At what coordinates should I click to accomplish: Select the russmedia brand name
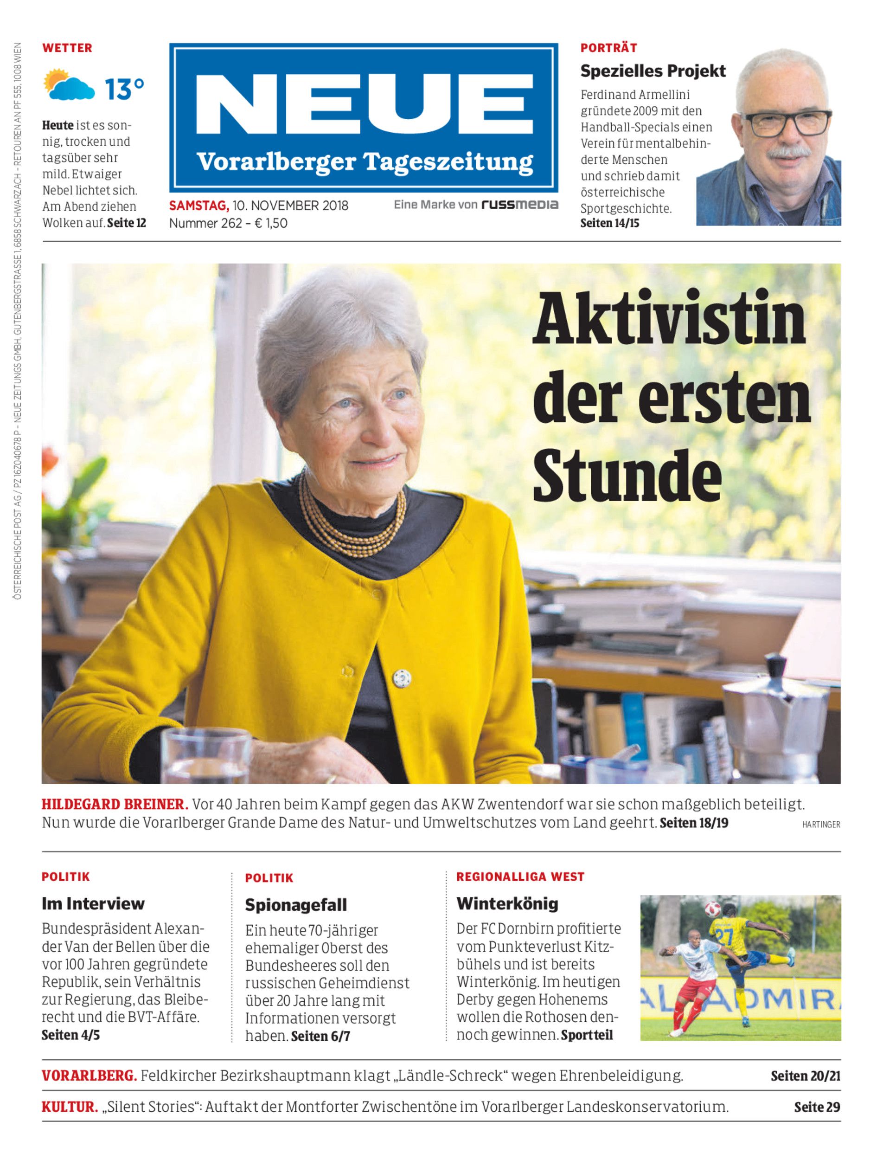520,205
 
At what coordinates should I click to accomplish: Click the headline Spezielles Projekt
653,71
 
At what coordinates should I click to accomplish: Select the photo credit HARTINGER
821,825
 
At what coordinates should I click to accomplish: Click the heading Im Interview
93,904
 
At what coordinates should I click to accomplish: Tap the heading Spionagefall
296,905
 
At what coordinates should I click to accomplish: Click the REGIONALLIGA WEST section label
520,876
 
